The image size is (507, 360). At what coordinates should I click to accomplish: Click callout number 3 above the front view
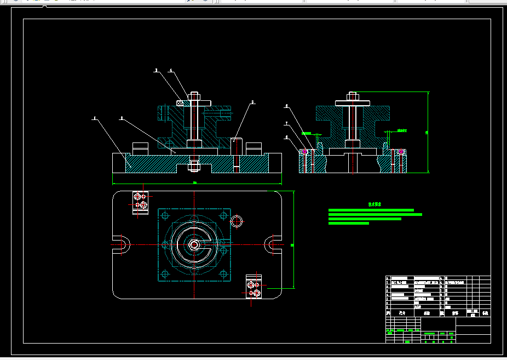(x=156, y=71)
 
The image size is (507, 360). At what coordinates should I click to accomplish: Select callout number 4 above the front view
(x=171, y=71)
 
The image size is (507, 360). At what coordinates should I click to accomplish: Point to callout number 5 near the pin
(x=253, y=102)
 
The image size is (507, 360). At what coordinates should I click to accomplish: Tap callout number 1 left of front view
(x=94, y=118)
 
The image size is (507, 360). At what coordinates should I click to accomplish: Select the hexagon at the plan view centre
(x=194, y=244)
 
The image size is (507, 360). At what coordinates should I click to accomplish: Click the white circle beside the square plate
(x=237, y=221)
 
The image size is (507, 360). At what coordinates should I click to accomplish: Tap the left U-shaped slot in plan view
(x=120, y=244)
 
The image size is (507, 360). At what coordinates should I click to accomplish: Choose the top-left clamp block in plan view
(x=140, y=201)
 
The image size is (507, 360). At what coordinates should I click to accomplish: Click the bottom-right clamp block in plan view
(x=253, y=287)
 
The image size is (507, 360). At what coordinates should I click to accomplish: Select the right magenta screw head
(x=401, y=151)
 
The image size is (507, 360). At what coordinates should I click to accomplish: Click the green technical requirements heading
(x=375, y=204)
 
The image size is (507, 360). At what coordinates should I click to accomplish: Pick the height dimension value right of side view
(x=427, y=132)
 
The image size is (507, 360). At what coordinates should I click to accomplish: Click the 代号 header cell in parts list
(x=402, y=313)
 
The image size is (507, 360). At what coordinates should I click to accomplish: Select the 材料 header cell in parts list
(x=456, y=313)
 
